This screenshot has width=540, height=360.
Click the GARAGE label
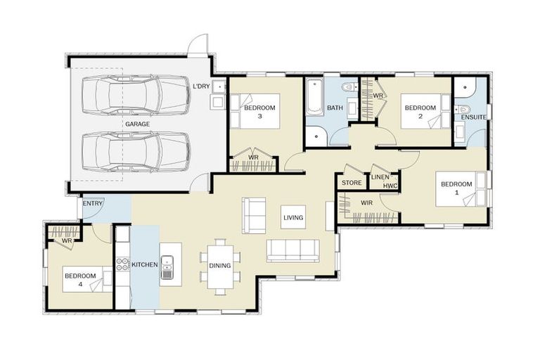(137, 124)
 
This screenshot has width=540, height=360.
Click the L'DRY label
(201, 86)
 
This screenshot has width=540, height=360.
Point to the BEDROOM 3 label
(259, 112)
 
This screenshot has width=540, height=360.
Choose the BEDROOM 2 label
(420, 112)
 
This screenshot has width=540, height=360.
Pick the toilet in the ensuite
(464, 109)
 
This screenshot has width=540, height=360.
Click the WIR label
(366, 202)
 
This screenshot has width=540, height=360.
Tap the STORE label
(352, 184)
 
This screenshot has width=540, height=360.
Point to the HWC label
(390, 186)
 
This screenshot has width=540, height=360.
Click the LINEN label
(380, 177)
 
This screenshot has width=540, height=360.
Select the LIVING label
(293, 218)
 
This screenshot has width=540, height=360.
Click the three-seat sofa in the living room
(292, 250)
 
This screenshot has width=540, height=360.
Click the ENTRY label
(92, 204)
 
